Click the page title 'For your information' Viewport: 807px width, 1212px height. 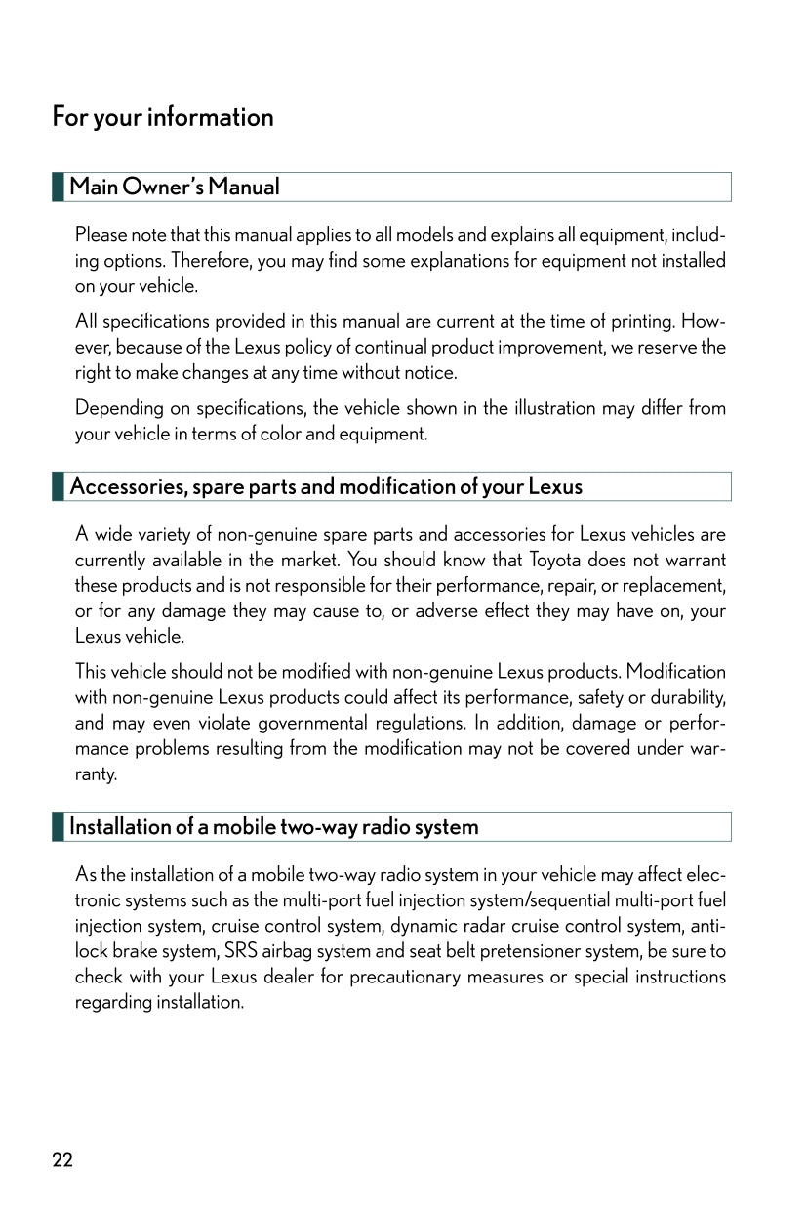click(x=163, y=118)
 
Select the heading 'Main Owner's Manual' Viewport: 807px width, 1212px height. click(x=175, y=187)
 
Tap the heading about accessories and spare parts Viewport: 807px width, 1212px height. click(x=326, y=486)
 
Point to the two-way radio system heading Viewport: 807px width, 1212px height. click(x=274, y=826)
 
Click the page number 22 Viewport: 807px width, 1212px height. click(x=62, y=1160)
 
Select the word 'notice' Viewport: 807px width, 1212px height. click(x=432, y=372)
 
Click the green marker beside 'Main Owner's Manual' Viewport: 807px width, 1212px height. click(x=59, y=187)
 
